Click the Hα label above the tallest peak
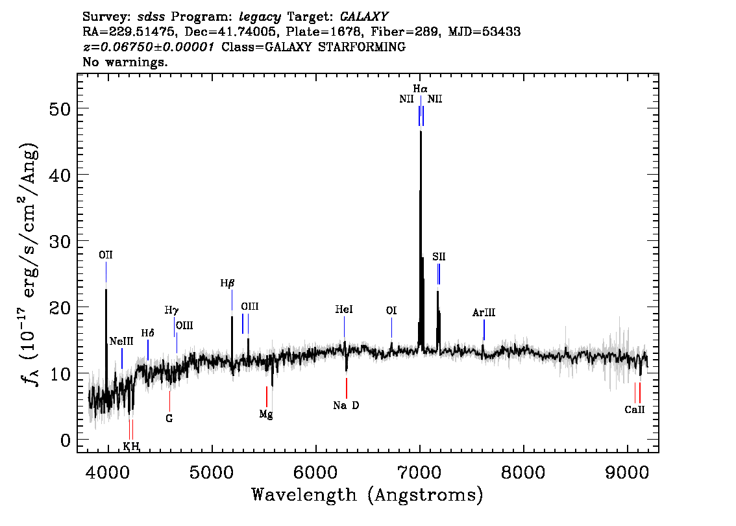(x=421, y=88)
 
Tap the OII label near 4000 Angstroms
(x=106, y=256)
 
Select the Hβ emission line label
(x=227, y=283)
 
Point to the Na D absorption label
(x=346, y=406)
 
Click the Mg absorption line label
(x=266, y=414)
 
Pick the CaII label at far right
(x=635, y=410)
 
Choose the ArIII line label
(x=484, y=313)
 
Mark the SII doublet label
(x=439, y=257)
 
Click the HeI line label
(x=344, y=310)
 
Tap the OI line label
(x=391, y=311)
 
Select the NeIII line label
(x=121, y=342)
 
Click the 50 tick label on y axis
(x=60, y=108)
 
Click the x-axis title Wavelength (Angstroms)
(x=367, y=495)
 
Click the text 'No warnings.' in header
(x=125, y=62)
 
